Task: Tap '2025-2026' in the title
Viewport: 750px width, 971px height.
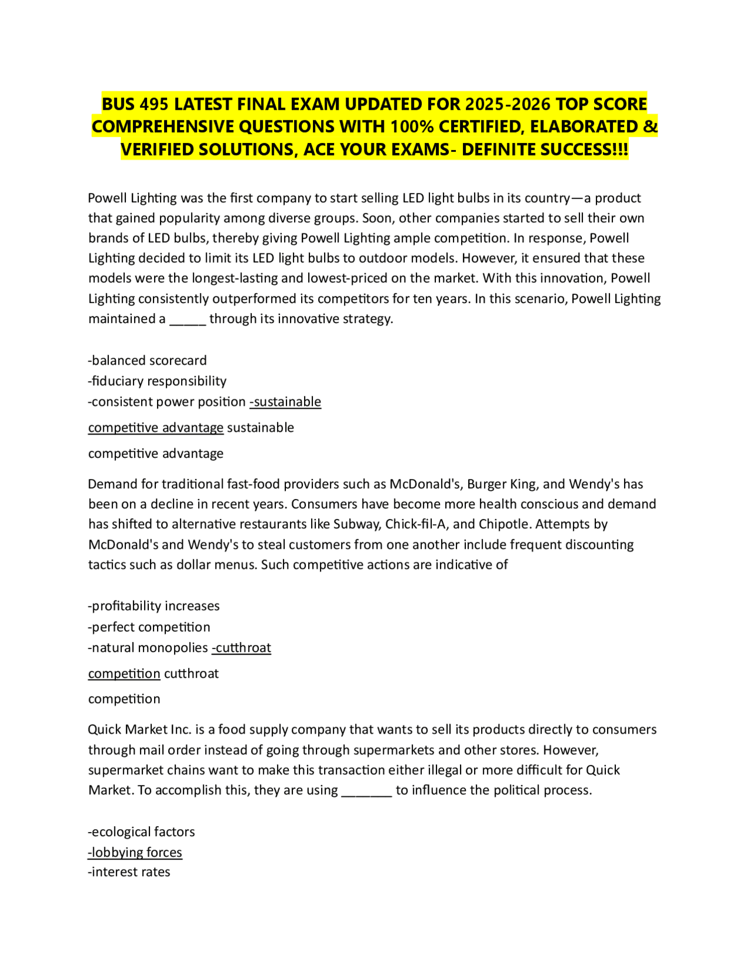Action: click(507, 104)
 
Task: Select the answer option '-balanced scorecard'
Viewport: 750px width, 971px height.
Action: click(147, 361)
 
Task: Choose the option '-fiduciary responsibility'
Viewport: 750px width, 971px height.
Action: click(157, 381)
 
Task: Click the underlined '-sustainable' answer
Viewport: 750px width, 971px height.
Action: click(285, 402)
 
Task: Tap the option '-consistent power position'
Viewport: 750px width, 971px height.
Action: click(166, 402)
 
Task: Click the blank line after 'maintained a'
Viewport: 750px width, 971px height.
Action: click(187, 320)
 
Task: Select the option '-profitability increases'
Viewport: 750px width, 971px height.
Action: click(154, 606)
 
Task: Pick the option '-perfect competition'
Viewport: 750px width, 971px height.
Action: click(149, 627)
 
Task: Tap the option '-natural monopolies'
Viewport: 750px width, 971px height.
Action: click(148, 648)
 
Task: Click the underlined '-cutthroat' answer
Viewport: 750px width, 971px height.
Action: click(241, 648)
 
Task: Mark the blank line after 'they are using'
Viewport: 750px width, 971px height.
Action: click(366, 791)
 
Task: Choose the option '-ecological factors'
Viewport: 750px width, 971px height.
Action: click(141, 832)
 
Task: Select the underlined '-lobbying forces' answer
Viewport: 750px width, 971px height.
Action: click(135, 853)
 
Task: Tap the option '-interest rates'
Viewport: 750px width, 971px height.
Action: click(129, 872)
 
